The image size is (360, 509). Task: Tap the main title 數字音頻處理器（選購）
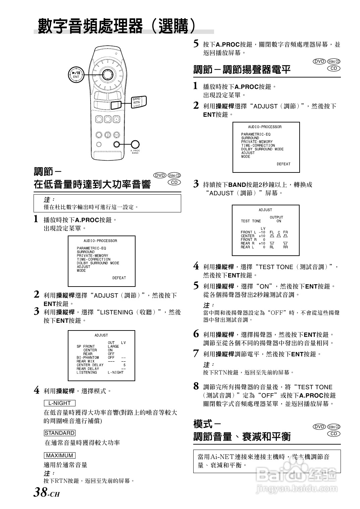(x=116, y=26)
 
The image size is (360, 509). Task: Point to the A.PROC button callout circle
(x=135, y=144)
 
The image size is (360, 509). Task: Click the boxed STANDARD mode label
(x=60, y=433)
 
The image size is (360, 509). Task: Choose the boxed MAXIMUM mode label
(x=60, y=455)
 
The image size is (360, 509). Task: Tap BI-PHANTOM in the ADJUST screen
(x=88, y=357)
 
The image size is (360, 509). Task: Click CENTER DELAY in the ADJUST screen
(x=90, y=365)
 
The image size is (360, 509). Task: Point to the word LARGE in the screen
(x=113, y=346)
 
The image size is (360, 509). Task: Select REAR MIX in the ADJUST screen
(x=86, y=361)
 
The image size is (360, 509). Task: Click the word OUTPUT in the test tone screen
(x=276, y=217)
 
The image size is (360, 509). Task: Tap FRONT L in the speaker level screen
(x=248, y=232)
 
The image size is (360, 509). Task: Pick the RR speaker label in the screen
(x=285, y=247)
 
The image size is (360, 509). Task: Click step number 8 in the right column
(x=196, y=386)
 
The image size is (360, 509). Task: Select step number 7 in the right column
(x=196, y=353)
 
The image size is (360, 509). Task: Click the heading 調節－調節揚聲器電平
(x=242, y=69)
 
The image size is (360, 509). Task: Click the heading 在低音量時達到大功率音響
(x=92, y=184)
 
